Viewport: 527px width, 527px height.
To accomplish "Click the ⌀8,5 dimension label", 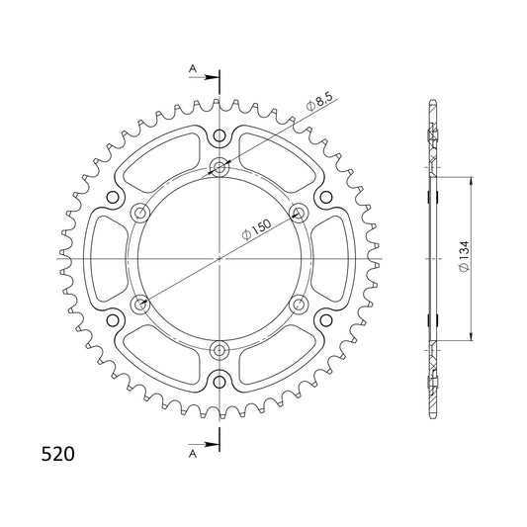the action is (x=319, y=102).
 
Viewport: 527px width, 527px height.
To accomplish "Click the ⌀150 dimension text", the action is (x=256, y=229).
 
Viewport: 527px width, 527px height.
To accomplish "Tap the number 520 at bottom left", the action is (x=57, y=454).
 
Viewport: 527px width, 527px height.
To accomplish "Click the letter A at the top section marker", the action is (x=193, y=69).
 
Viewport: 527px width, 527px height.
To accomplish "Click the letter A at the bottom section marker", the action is (x=193, y=454).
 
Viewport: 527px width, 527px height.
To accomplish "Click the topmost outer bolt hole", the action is (x=220, y=136).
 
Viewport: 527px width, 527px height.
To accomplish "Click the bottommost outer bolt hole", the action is (x=220, y=382).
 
